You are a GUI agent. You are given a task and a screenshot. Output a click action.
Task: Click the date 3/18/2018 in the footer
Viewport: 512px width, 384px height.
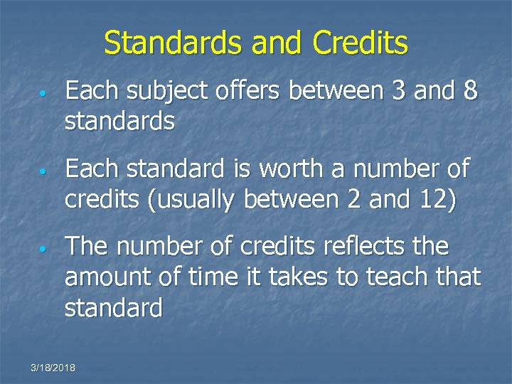click(x=53, y=367)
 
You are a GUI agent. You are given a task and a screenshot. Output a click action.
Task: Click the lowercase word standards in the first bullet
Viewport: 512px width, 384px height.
click(x=119, y=122)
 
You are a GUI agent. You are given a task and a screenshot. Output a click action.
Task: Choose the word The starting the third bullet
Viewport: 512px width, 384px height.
click(x=87, y=247)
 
